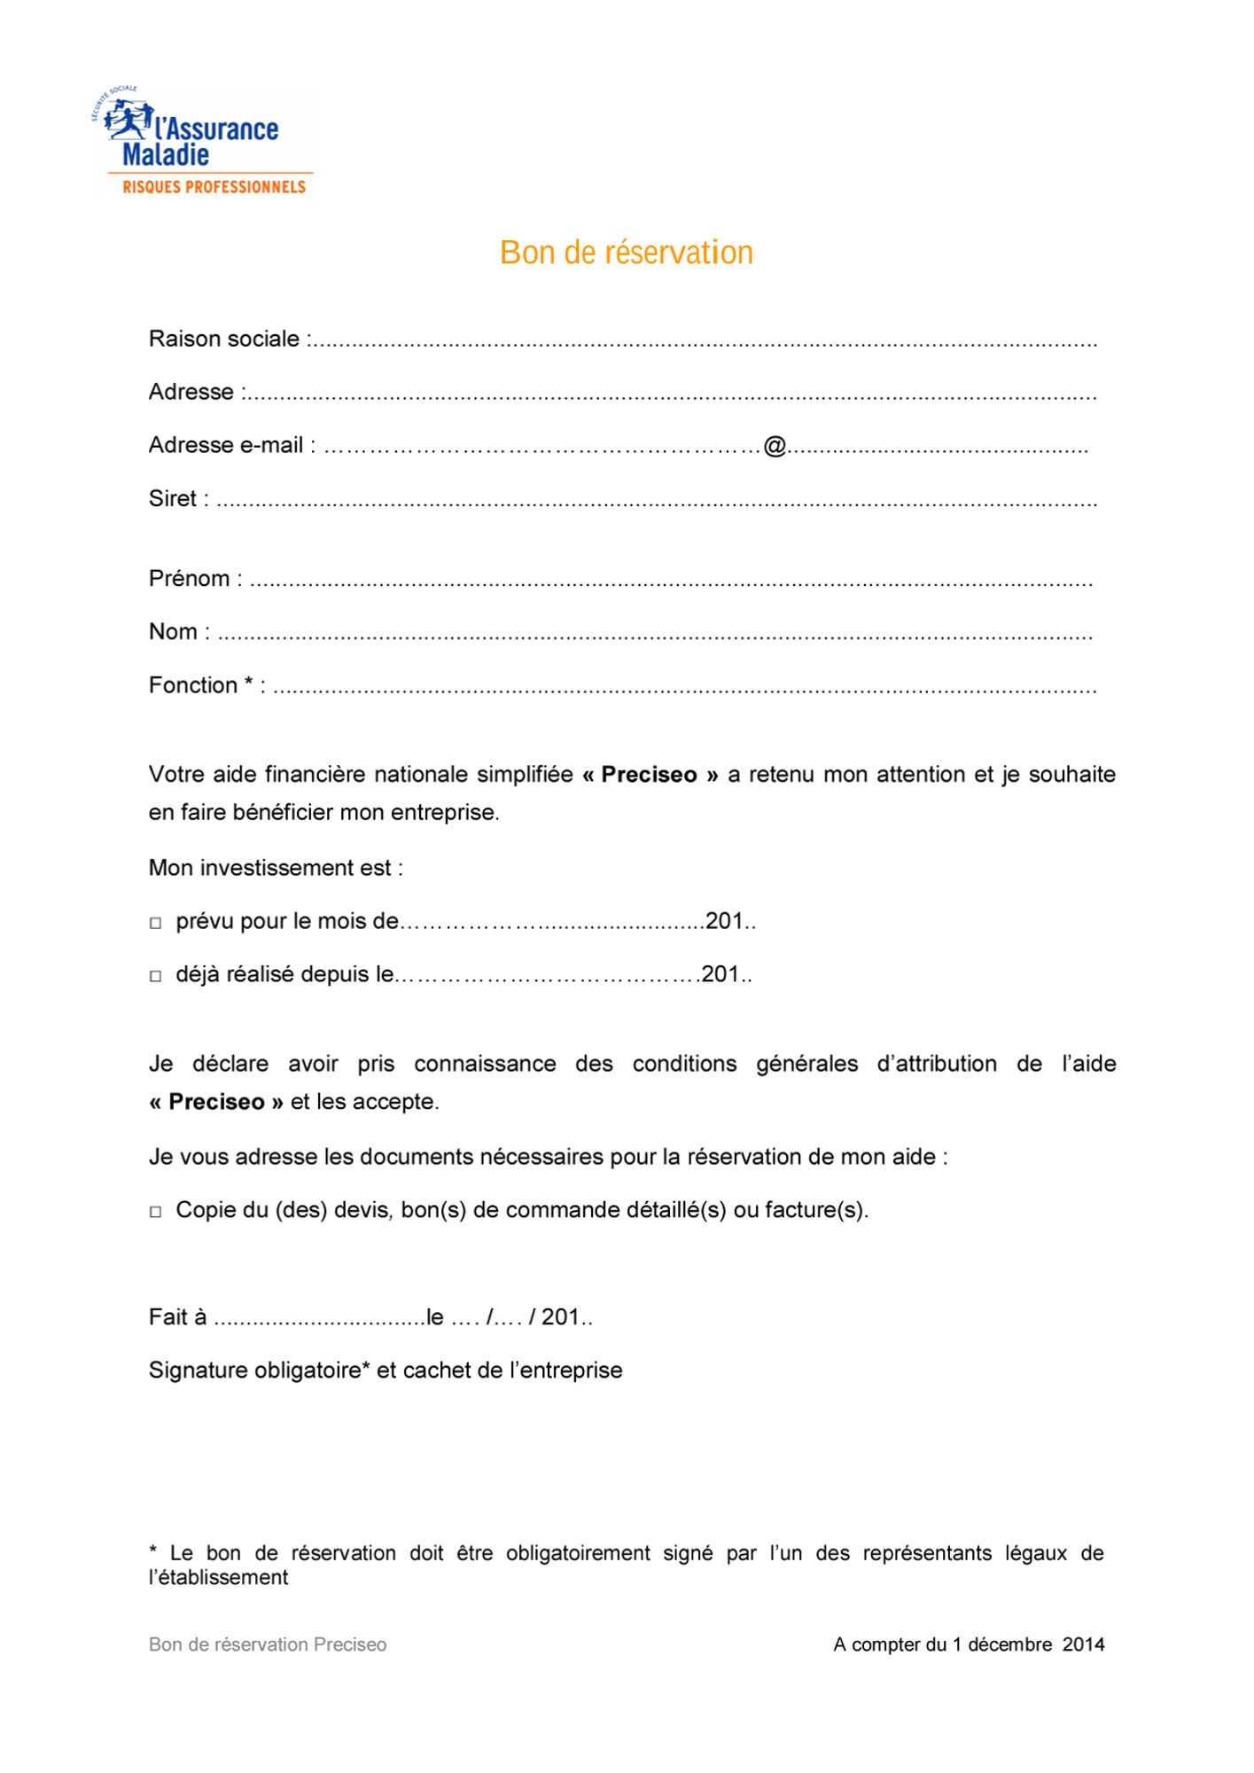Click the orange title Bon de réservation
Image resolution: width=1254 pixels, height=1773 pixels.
(626, 253)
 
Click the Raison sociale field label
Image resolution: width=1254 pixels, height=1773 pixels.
(224, 339)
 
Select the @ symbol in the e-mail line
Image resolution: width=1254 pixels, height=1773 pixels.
(775, 446)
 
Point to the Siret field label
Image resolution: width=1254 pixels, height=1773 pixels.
(173, 499)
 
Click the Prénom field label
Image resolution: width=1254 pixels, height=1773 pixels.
(190, 579)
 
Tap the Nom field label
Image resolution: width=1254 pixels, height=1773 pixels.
(174, 632)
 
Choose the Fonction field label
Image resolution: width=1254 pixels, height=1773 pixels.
(193, 685)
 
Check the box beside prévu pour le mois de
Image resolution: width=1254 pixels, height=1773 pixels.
(156, 924)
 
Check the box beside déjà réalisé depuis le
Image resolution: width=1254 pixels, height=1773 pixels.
(156, 977)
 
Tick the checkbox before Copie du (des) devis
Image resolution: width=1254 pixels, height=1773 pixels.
(156, 1212)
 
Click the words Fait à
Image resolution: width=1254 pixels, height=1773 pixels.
(177, 1317)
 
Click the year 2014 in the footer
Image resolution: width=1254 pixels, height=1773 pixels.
(1083, 1645)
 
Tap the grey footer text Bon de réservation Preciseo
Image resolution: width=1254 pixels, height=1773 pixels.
(268, 1645)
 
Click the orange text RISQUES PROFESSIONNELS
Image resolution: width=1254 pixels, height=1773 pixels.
(214, 187)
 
